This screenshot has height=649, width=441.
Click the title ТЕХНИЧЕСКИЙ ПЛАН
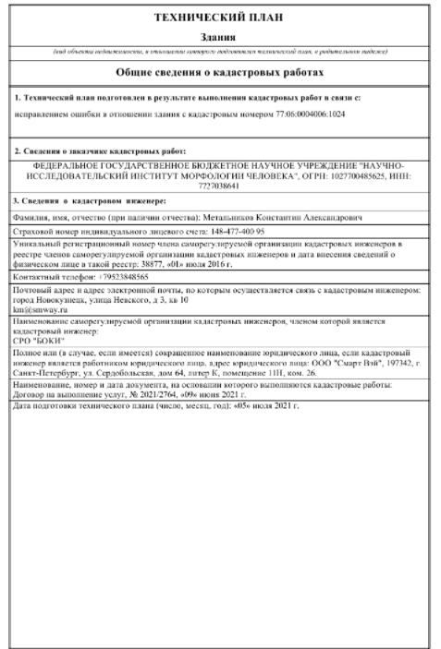tap(220, 17)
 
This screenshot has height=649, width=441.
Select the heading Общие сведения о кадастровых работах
tap(220, 71)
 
